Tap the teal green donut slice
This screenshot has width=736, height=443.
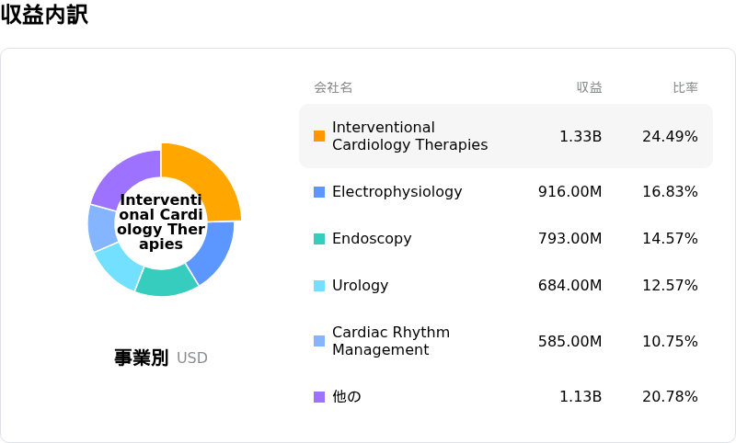click(x=167, y=280)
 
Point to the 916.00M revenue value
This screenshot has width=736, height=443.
click(x=569, y=192)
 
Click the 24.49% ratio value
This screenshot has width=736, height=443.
click(x=670, y=136)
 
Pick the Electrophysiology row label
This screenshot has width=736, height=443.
click(x=397, y=192)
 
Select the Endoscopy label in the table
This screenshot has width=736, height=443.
click(x=372, y=239)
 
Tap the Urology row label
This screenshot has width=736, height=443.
click(x=360, y=286)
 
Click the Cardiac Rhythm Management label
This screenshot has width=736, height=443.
click(x=391, y=341)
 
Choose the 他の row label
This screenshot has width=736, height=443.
click(x=347, y=397)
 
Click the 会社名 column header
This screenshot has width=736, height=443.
click(x=333, y=87)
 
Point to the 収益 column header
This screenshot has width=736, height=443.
click(x=589, y=87)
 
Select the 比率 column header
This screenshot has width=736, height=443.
click(x=685, y=87)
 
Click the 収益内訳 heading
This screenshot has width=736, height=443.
click(x=44, y=14)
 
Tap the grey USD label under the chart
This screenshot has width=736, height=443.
click(x=192, y=358)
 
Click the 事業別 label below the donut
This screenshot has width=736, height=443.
click(x=142, y=358)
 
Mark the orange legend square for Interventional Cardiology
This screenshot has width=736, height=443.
click(x=319, y=136)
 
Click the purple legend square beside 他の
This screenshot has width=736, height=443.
click(x=319, y=397)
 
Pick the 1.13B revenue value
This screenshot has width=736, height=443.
click(x=581, y=397)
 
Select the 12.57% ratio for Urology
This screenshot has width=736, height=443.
click(x=670, y=286)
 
